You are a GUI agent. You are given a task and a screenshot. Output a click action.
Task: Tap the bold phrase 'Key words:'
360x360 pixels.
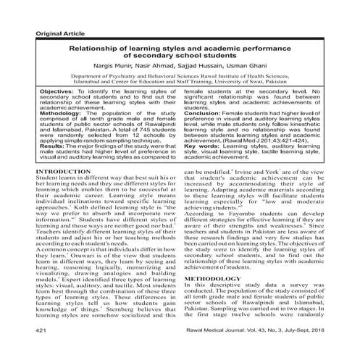(x=203, y=165)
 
